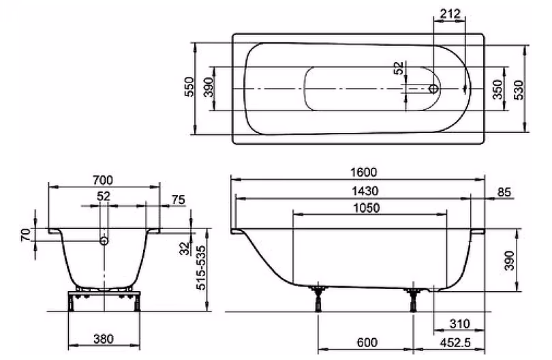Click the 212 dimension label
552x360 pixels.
450,14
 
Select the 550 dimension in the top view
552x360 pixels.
189,87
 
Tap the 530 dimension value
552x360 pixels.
519,90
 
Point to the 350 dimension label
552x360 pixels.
497,89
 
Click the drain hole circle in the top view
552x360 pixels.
434,89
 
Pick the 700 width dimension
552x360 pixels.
103,181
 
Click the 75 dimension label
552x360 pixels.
178,200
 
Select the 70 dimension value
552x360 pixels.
25,235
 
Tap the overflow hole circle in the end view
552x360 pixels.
104,241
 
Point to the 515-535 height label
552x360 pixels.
201,268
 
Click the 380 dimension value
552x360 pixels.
104,339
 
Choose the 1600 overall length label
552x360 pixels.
364,172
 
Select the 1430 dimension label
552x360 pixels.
365,191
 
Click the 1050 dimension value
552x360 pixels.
367,208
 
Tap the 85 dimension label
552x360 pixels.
504,192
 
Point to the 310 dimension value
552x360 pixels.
460,324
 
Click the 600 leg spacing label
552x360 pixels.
367,342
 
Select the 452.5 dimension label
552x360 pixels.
455,342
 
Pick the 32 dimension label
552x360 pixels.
185,249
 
